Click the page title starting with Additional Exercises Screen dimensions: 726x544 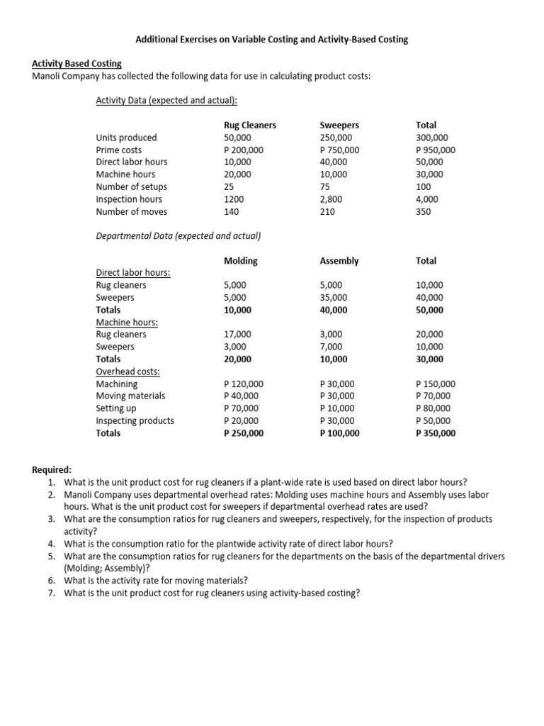(x=271, y=40)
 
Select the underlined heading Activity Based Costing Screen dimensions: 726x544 (x=77, y=64)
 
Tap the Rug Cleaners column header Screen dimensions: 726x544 (x=249, y=125)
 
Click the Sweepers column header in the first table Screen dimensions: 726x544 (x=339, y=125)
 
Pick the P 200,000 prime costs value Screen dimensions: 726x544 (x=244, y=150)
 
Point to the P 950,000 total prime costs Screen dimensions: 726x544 (x=436, y=150)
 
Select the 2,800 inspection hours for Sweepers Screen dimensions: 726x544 (x=331, y=199)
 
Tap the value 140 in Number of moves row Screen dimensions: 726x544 (x=231, y=211)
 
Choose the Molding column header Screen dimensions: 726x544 (x=240, y=261)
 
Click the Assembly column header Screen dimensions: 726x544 (x=339, y=261)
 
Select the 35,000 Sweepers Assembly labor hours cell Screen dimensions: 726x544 (x=334, y=298)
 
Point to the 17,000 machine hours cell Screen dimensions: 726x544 (x=237, y=335)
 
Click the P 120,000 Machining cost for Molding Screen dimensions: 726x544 (x=244, y=384)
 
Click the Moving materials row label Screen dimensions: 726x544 (x=130, y=396)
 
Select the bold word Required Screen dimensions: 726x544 (x=52, y=470)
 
